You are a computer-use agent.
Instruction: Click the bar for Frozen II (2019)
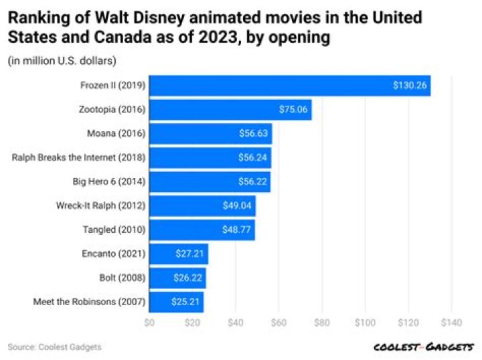pos(289,86)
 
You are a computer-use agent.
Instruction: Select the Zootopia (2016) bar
pos(230,110)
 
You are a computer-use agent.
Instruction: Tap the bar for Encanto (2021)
pos(178,254)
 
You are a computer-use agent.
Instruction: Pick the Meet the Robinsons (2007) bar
pos(176,302)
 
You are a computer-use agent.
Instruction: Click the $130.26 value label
pos(410,86)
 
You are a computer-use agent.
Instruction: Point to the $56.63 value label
pos(254,134)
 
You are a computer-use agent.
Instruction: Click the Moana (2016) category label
pos(117,134)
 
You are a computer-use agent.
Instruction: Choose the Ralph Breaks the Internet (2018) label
pos(78,158)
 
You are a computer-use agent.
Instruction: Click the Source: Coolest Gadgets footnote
pos(55,347)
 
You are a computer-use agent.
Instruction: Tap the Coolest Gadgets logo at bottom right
pos(424,347)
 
